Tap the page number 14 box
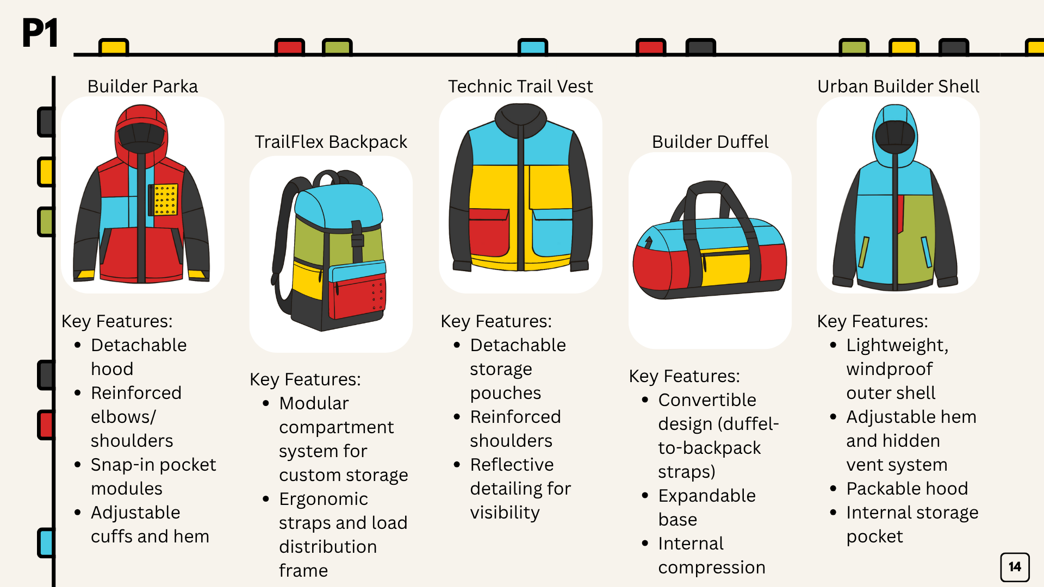pyautogui.click(x=1015, y=567)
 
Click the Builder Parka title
pyautogui.click(x=142, y=86)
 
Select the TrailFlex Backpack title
pyautogui.click(x=331, y=142)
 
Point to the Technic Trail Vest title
pyautogui.click(x=520, y=86)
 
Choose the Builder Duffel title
pyautogui.click(x=710, y=142)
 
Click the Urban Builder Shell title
pyautogui.click(x=898, y=86)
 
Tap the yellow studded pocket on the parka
pyautogui.click(x=165, y=199)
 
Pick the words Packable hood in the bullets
pyautogui.click(x=907, y=489)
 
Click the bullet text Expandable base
pyautogui.click(x=706, y=507)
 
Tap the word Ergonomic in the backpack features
pyautogui.click(x=324, y=499)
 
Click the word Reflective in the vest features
pyautogui.click(x=512, y=465)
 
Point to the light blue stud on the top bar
pyautogui.click(x=532, y=47)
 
